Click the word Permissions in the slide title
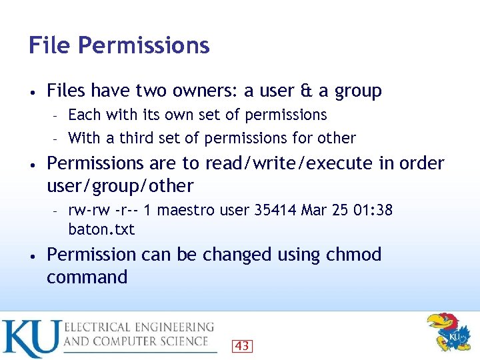pyautogui.click(x=144, y=46)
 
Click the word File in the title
pyautogui.click(x=50, y=45)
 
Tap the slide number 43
pyautogui.click(x=242, y=345)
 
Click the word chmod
pyautogui.click(x=354, y=255)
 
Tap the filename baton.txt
pyautogui.click(x=101, y=229)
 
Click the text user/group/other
pyautogui.click(x=120, y=185)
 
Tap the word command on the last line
pyautogui.click(x=87, y=277)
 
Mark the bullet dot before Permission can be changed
pyautogui.click(x=32, y=255)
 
